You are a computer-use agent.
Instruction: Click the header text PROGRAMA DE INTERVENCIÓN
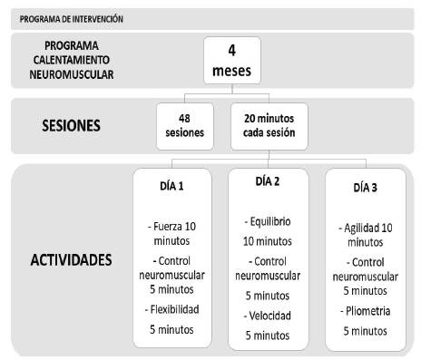(x=71, y=17)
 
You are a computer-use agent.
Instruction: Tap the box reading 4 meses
(x=232, y=61)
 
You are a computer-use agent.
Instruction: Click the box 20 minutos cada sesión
(x=268, y=124)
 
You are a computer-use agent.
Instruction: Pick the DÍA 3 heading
(x=364, y=188)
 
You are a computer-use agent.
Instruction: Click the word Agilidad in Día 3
(x=357, y=227)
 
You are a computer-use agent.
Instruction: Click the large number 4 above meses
(x=232, y=51)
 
